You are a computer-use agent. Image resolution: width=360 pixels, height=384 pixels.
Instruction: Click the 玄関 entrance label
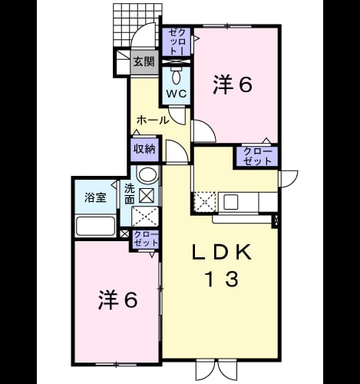click(x=144, y=61)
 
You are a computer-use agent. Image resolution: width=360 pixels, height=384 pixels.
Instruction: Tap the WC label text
click(x=177, y=94)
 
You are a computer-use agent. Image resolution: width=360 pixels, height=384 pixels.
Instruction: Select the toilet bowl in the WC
click(x=176, y=76)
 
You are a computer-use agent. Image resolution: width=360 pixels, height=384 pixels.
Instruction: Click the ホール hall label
click(x=153, y=120)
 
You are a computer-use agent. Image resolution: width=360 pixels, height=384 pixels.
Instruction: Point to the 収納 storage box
click(x=145, y=149)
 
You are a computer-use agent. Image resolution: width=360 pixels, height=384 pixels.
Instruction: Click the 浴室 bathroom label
click(x=95, y=197)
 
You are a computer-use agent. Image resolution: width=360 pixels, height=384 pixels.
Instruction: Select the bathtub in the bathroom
click(x=96, y=226)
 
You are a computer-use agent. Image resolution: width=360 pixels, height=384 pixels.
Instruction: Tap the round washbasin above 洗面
click(x=147, y=175)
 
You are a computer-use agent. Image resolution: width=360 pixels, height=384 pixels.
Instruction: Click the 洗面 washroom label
click(x=130, y=194)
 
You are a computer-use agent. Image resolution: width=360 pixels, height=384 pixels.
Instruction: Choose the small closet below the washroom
click(x=146, y=240)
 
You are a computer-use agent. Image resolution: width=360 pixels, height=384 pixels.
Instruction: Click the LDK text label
click(x=221, y=253)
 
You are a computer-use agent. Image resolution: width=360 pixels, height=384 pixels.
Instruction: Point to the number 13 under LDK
click(x=222, y=279)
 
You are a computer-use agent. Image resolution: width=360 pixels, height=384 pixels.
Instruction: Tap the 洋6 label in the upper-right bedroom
click(x=232, y=84)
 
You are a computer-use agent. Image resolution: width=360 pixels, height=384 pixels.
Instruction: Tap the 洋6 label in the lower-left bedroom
click(x=118, y=300)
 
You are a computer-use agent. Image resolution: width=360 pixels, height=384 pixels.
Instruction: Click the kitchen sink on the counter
click(x=231, y=202)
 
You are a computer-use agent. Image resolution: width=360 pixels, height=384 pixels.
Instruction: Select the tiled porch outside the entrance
click(x=137, y=25)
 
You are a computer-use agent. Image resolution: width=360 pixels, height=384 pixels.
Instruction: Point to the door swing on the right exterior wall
click(x=289, y=179)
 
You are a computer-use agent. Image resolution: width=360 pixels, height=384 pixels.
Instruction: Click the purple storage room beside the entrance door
click(x=177, y=41)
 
